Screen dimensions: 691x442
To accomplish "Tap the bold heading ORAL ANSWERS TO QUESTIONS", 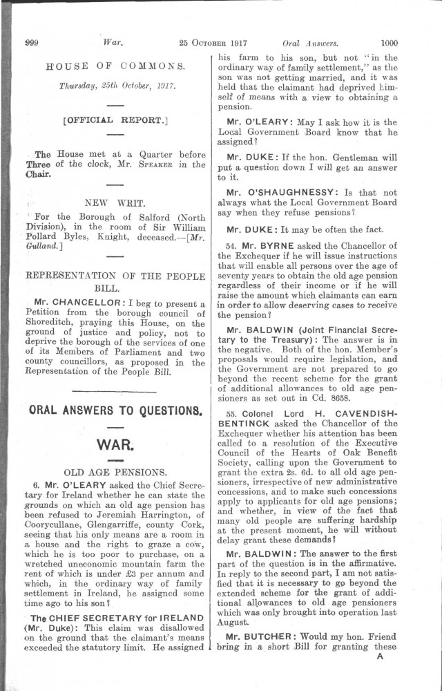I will pyautogui.click(x=115, y=409).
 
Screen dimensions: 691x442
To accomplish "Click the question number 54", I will pyautogui.click(x=231, y=245).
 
